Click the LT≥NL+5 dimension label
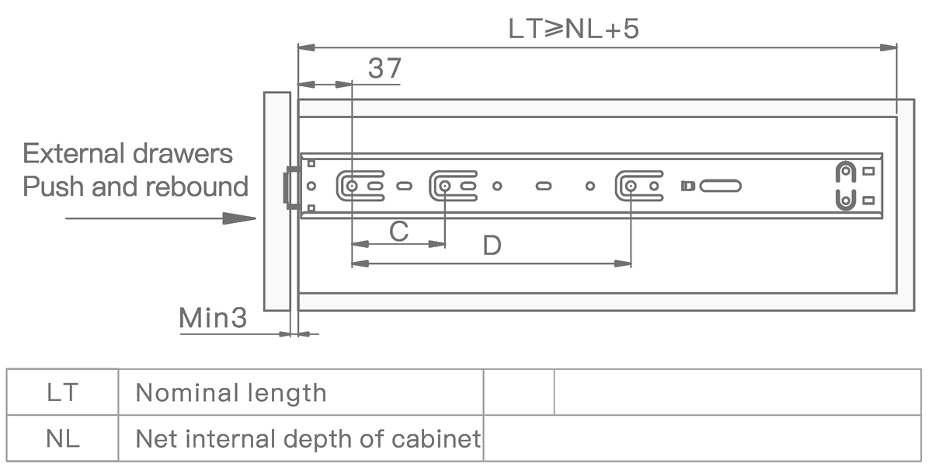coord(573,29)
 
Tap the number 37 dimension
coord(385,68)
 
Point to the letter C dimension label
coord(399,231)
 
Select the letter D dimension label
coord(492,246)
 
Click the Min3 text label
coord(213,318)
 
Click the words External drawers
coord(127,154)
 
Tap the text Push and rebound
coord(135,187)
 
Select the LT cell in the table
coord(62,392)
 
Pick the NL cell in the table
coord(62,438)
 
